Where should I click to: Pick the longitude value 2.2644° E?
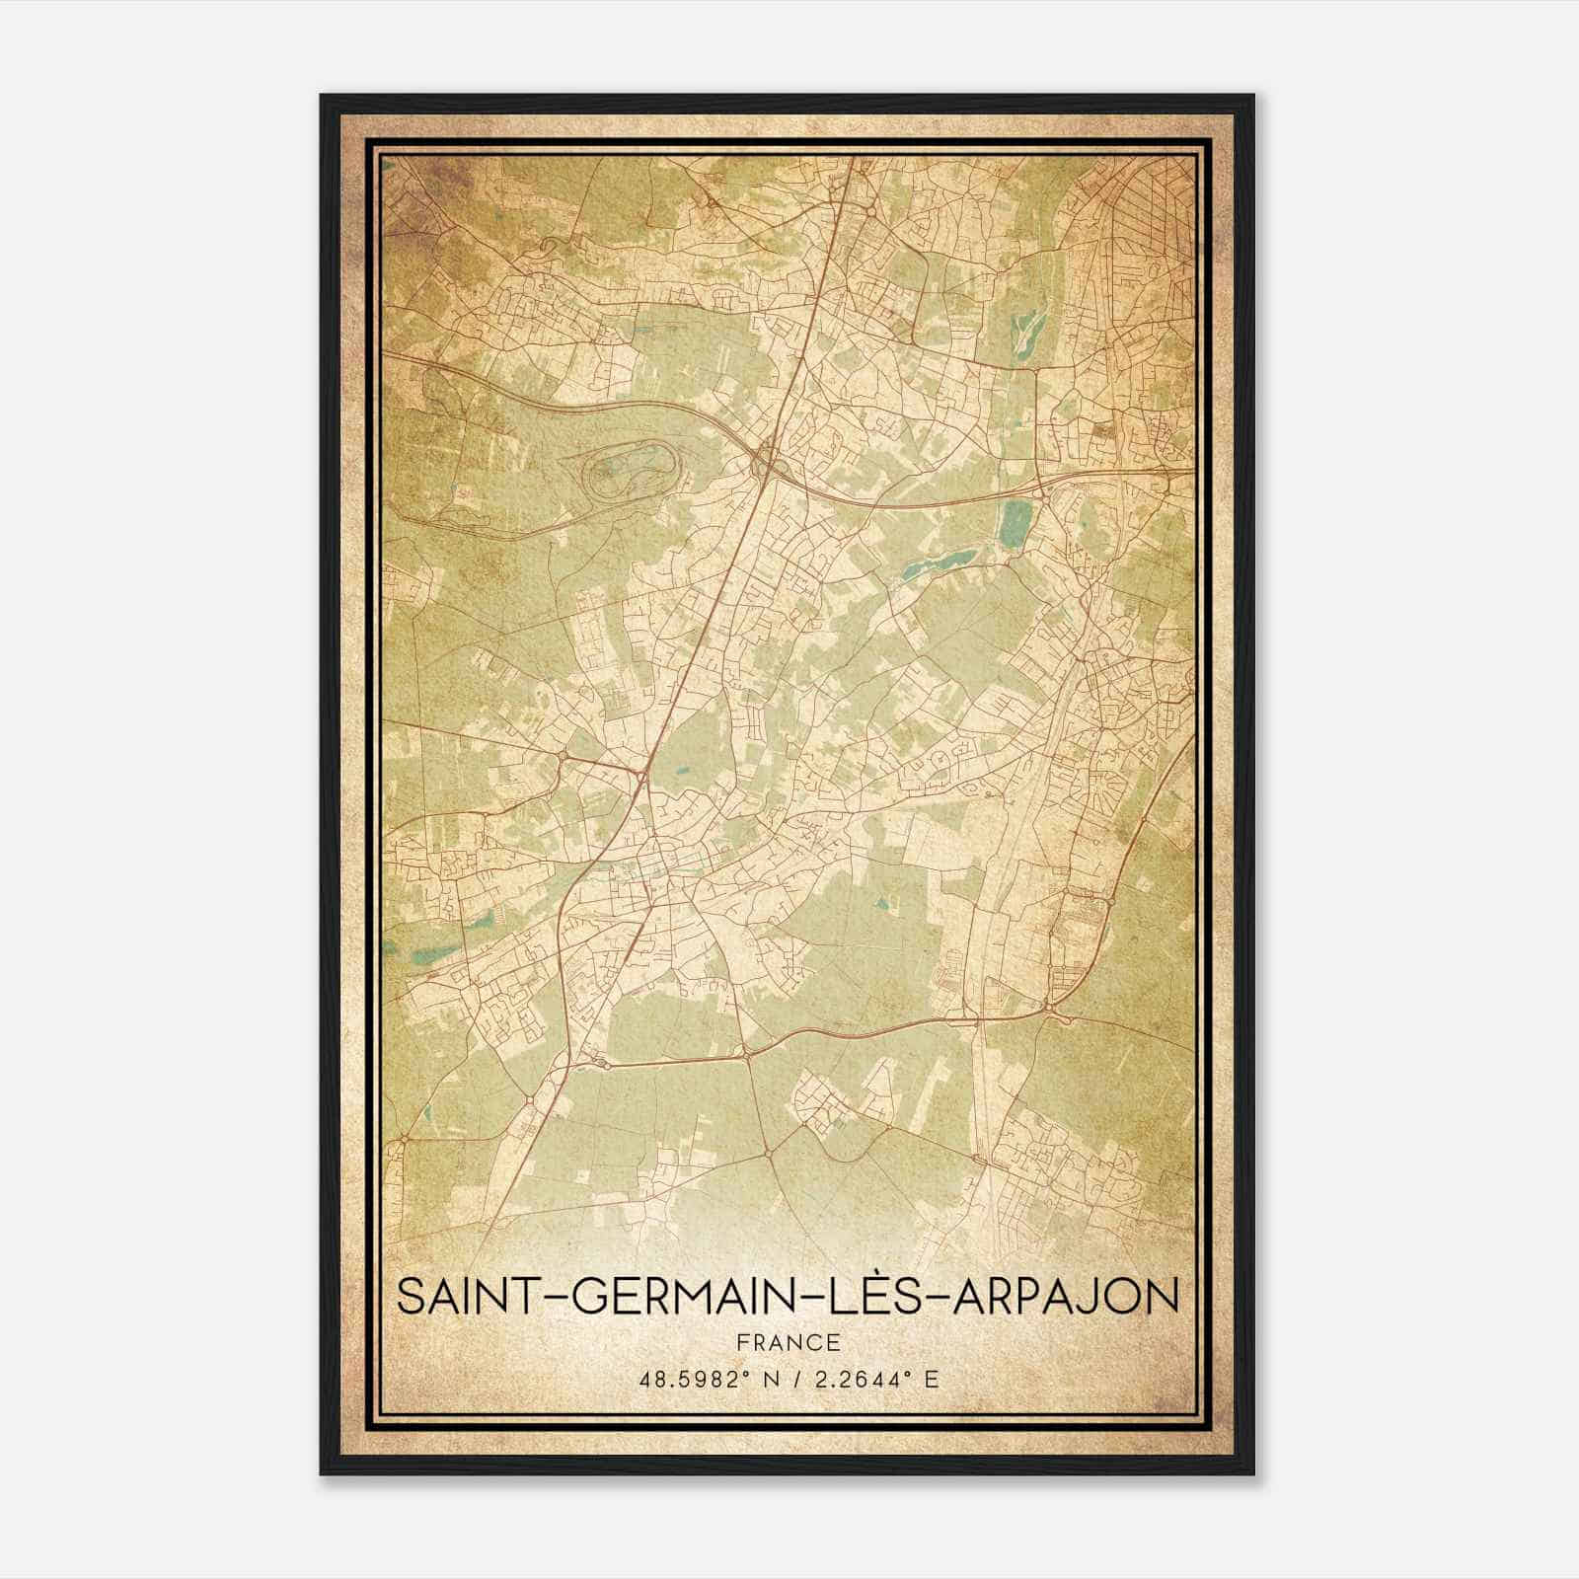(x=872, y=1380)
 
